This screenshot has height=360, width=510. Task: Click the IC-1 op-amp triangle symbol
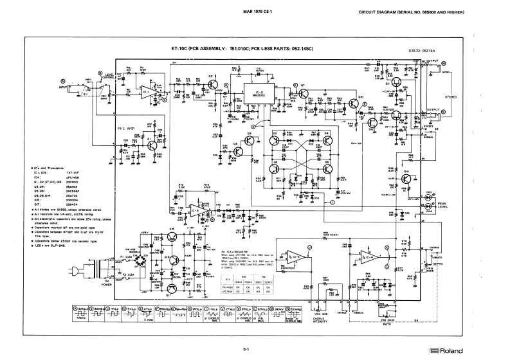pos(147,93)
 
